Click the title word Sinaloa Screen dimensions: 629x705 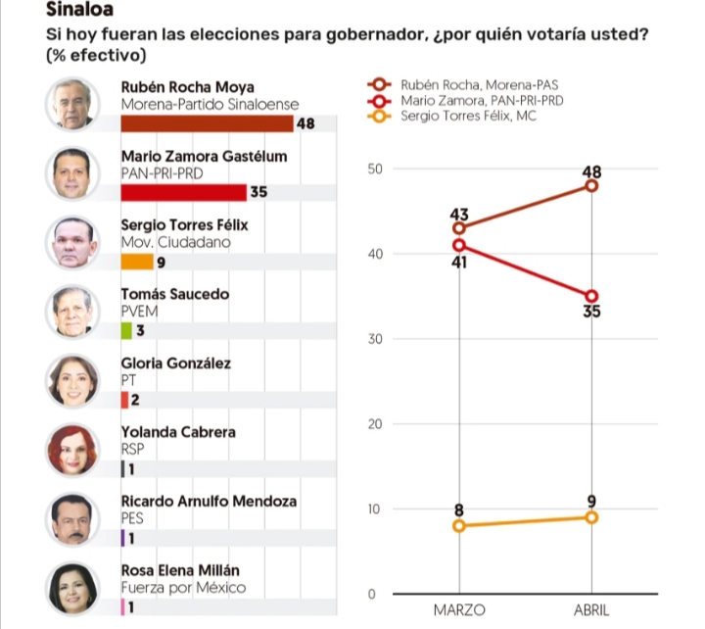tap(79, 11)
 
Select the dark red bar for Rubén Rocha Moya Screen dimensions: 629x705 tap(207, 122)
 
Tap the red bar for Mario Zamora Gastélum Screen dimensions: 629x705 tap(183, 192)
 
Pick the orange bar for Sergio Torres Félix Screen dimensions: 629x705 tap(137, 262)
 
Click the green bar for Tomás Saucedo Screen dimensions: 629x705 tap(125, 330)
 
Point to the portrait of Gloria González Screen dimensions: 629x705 tap(73, 380)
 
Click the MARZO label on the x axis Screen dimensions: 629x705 tap(458, 609)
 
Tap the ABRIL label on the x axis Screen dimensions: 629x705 tap(590, 609)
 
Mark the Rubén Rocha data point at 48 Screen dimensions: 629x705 tap(591, 185)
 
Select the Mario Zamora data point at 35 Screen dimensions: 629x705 tap(591, 296)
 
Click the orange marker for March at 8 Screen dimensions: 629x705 tap(459, 526)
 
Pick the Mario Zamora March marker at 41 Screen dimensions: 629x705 tap(459, 245)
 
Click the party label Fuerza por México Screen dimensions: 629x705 tap(182, 588)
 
